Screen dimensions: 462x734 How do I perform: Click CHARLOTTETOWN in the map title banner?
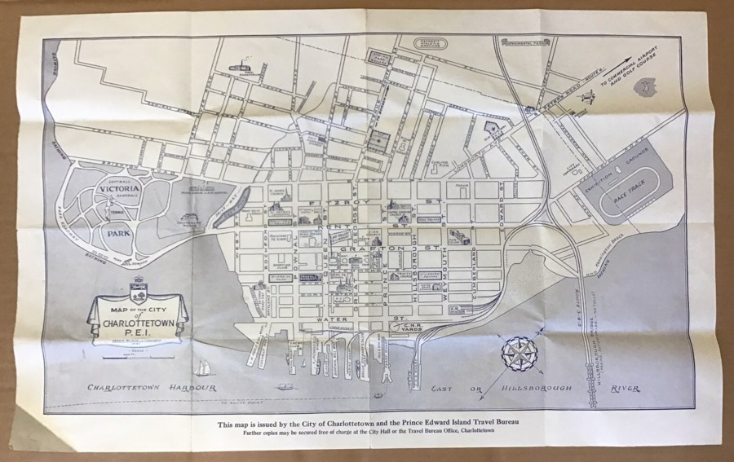pos(138,321)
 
